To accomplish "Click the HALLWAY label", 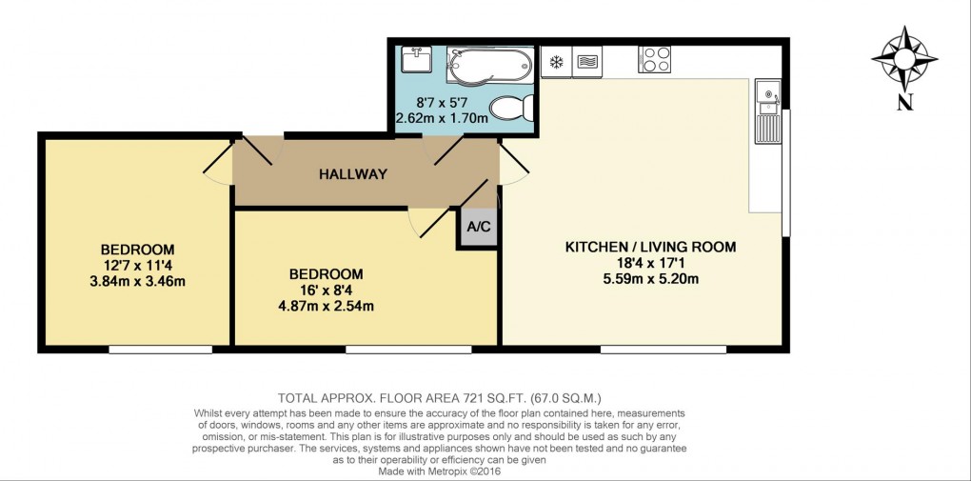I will (x=353, y=174).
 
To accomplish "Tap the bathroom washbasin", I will (x=417, y=61).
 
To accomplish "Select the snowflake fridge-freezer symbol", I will (x=556, y=63).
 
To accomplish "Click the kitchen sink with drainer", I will (x=767, y=112).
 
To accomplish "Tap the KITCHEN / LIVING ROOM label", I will (x=650, y=247).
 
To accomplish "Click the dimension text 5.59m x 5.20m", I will (x=650, y=279).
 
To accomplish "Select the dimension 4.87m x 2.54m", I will (x=326, y=306).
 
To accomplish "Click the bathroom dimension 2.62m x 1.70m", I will (x=442, y=118).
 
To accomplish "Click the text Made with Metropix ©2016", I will (x=439, y=471).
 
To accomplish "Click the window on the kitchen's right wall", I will (x=786, y=172).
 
